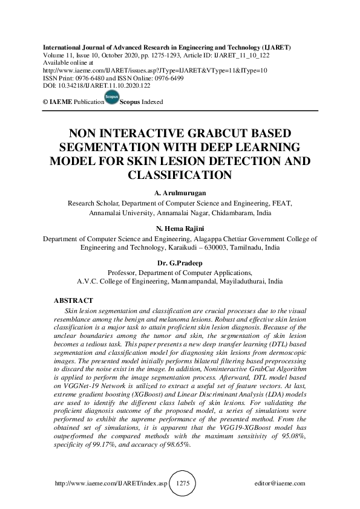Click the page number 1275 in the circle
click(x=183, y=484)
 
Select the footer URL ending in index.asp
click(x=111, y=484)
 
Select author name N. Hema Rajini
click(x=180, y=230)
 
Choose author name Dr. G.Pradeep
click(x=180, y=264)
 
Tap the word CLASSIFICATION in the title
click(x=180, y=175)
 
